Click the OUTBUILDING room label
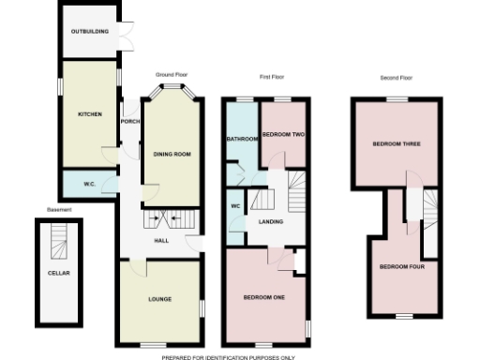pos(90,32)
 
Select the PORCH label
pos(129,122)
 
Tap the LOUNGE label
pos(159,299)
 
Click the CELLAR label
pos(58,273)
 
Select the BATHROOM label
pos(243,140)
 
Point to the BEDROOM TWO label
pos(283,134)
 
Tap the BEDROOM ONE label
pos(263,297)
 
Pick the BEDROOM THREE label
pos(396,144)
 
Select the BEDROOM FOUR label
pos(402,266)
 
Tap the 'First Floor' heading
pos(272,74)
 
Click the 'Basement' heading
pos(59,210)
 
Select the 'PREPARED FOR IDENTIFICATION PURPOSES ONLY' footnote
pos(228,356)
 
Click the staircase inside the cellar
pos(58,245)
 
